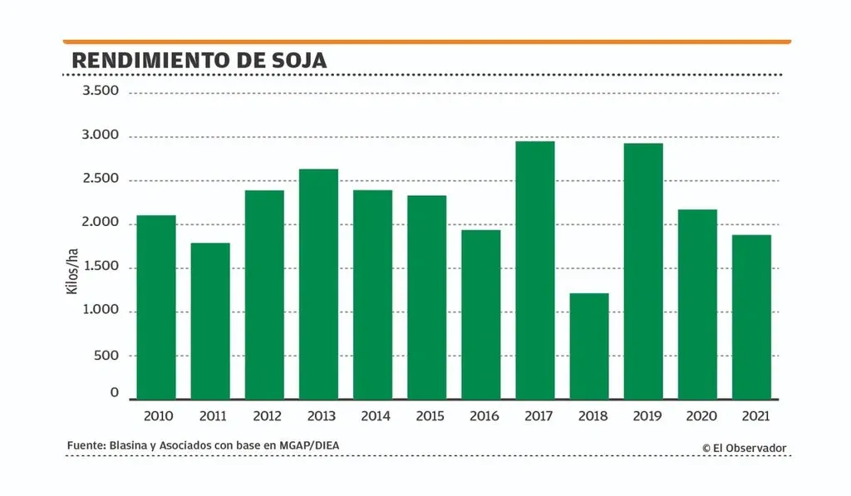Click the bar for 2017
pos(534,270)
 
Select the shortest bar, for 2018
pos(589,346)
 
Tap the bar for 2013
pos(318,284)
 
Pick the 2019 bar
pos(643,271)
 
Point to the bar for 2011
pos(210,321)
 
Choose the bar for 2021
pos(751,317)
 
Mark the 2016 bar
pos(481,314)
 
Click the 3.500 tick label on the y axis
pos(101,91)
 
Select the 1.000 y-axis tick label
pos(101,311)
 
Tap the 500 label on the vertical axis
pos(106,355)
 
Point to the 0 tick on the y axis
pos(116,393)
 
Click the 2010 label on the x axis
pos(156,415)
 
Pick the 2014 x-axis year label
pos(372,415)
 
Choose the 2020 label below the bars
pos(697,415)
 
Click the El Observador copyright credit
pos(744,448)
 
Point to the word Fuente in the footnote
pos(85,446)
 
